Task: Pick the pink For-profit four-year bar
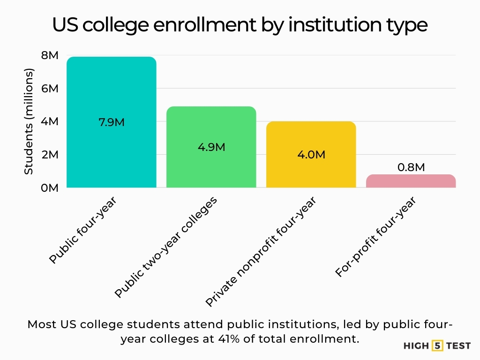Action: tap(411, 181)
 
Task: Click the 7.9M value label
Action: tap(111, 122)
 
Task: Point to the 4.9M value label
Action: tap(211, 147)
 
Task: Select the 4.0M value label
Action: tap(311, 155)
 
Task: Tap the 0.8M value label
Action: tap(411, 167)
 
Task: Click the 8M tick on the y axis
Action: tap(49, 55)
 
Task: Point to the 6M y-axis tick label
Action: tap(49, 89)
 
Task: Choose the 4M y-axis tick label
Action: tap(49, 121)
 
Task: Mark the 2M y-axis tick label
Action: tap(49, 155)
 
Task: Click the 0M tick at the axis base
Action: tap(49, 188)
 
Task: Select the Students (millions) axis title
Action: tap(29, 121)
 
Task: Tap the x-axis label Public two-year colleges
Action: tap(166, 247)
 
